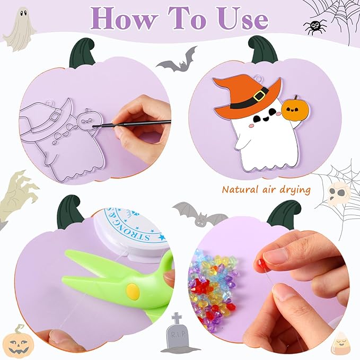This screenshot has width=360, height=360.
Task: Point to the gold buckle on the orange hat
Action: click(x=259, y=96)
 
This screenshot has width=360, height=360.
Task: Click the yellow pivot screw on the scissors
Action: click(x=133, y=291)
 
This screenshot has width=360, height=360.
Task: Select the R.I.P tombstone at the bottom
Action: click(x=177, y=336)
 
